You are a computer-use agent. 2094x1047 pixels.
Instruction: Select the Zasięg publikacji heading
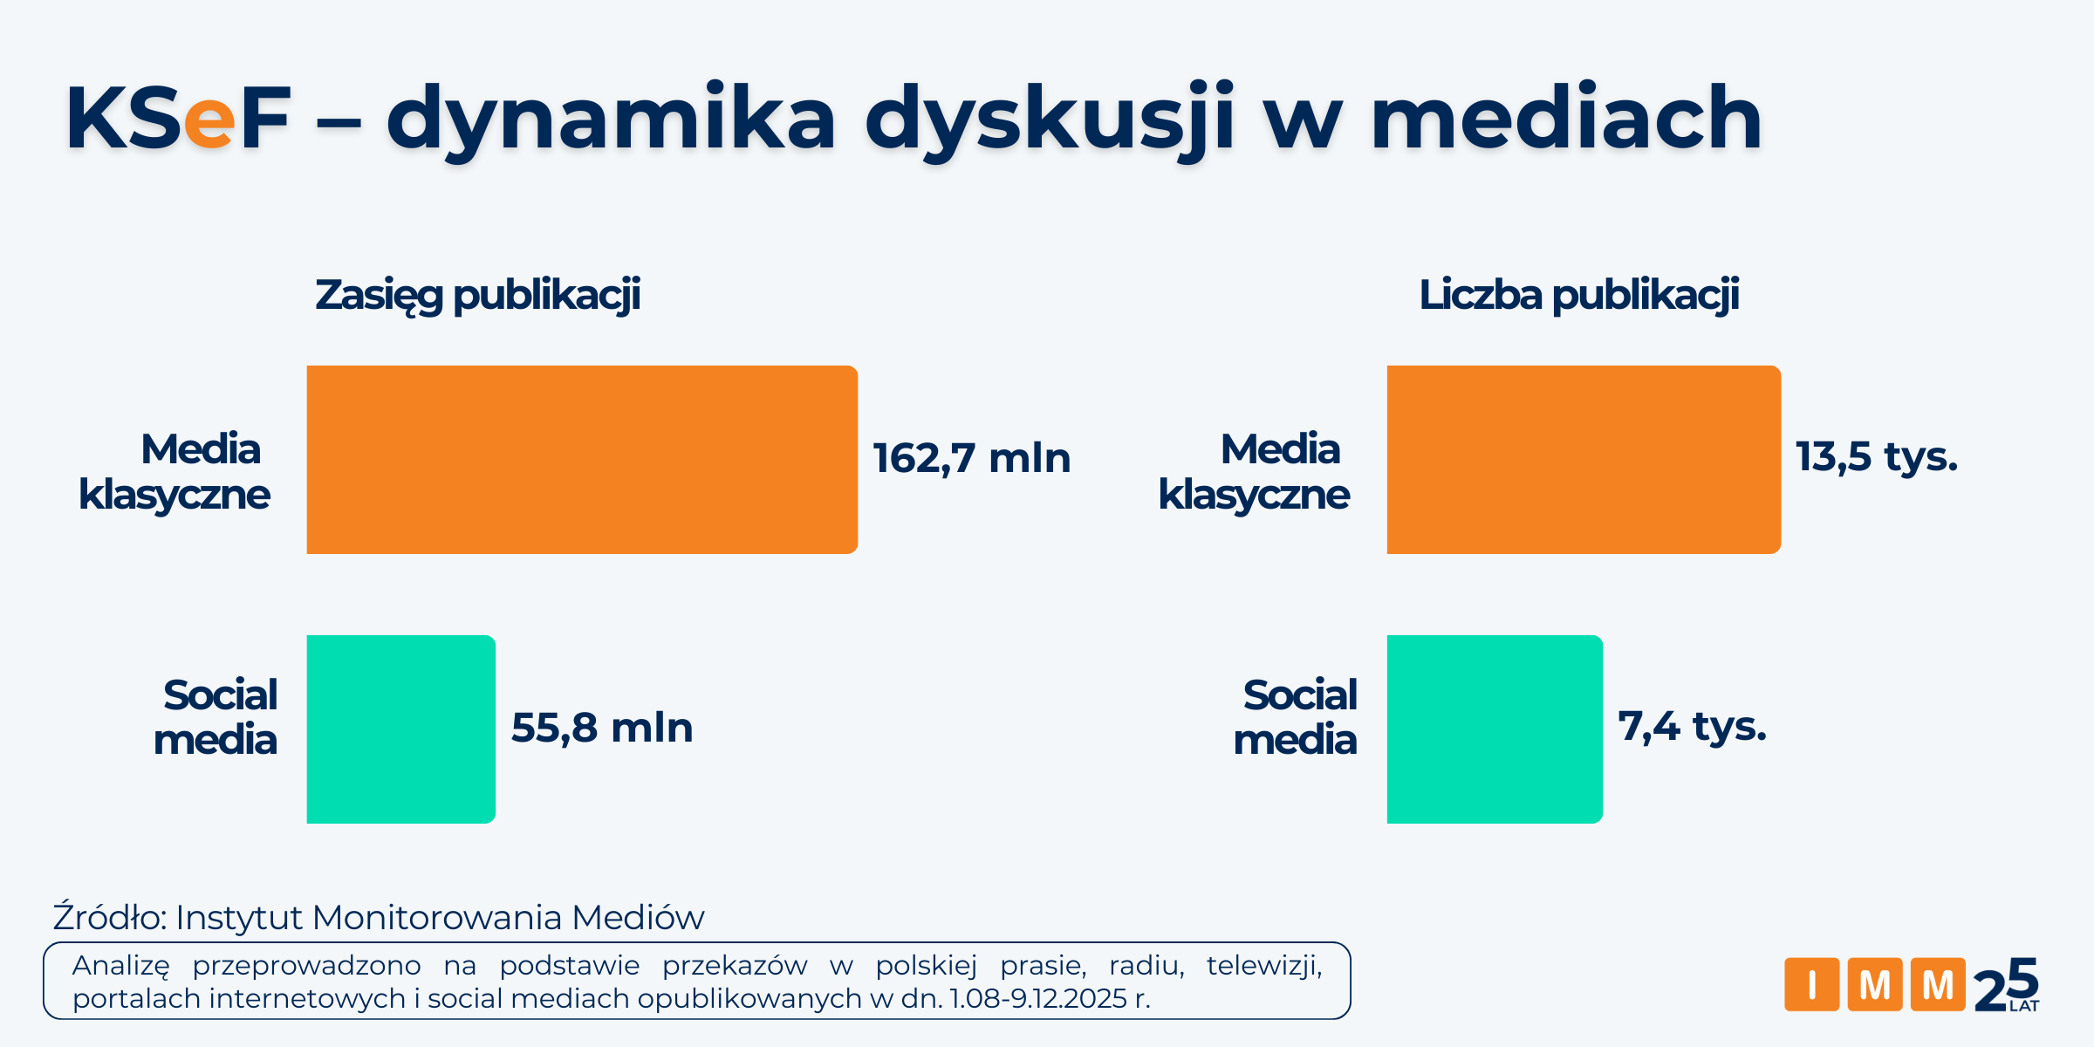[478, 295]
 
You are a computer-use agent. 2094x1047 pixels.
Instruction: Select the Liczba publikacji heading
[1579, 295]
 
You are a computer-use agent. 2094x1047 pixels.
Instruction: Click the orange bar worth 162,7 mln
[582, 460]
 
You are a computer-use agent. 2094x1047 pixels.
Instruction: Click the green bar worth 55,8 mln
[401, 729]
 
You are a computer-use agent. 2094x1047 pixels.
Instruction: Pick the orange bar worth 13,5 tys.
[1584, 460]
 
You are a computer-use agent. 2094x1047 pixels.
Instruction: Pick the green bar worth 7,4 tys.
[1495, 729]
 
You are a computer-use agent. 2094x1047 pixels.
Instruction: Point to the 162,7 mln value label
[972, 459]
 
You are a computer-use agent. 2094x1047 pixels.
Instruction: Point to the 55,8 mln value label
[602, 729]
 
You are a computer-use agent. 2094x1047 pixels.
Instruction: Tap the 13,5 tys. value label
[1877, 457]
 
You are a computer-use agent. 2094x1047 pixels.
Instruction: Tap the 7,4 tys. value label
[1693, 727]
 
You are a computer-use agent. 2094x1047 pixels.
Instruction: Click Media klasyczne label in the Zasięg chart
[174, 472]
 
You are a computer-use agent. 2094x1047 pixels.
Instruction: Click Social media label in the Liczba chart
[1297, 717]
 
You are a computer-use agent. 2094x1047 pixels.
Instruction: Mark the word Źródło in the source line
[109, 917]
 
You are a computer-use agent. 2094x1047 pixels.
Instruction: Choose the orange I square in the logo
[1811, 984]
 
